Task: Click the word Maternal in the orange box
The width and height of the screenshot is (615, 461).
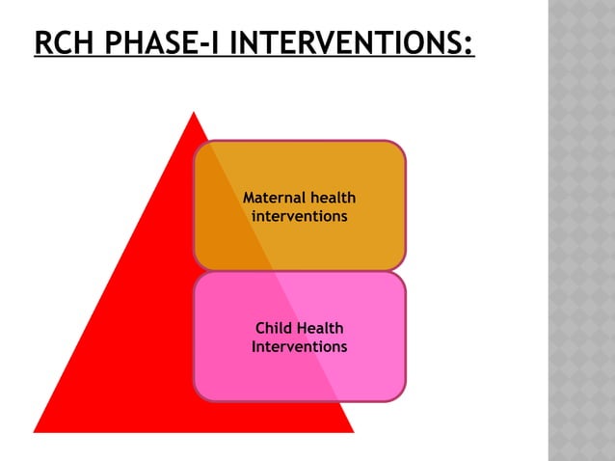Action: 274,198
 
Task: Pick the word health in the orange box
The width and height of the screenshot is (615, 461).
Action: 332,198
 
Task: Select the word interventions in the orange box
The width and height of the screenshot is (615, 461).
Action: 300,216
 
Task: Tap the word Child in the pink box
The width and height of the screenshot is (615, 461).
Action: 274,329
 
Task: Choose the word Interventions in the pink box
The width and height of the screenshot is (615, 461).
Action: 300,346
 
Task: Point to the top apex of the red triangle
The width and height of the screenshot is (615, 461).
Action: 194,114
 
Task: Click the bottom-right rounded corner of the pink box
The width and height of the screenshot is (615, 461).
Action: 399,394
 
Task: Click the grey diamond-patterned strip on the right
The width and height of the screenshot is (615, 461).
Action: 581,231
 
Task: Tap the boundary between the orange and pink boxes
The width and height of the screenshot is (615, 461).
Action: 300,270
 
